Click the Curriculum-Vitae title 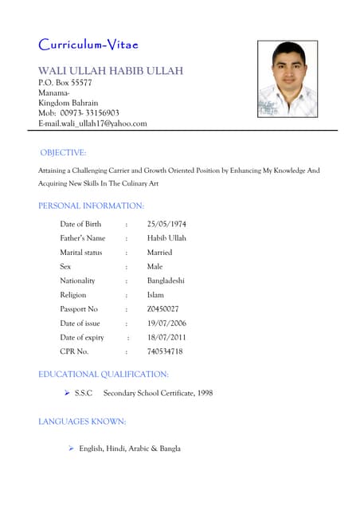click(x=92, y=44)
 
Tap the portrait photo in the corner click(x=288, y=80)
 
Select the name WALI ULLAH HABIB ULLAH click(x=111, y=71)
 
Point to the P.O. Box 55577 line click(x=65, y=82)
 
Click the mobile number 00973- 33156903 click(x=89, y=113)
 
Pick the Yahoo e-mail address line click(x=92, y=124)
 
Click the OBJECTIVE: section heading click(x=63, y=152)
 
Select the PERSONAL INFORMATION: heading click(x=91, y=206)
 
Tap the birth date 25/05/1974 click(x=166, y=224)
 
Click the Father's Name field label click(x=82, y=238)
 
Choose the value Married click(x=159, y=253)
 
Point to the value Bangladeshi click(x=166, y=280)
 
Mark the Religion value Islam click(x=156, y=295)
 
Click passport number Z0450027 click(x=163, y=308)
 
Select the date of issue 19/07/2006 click(x=166, y=323)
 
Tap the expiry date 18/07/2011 click(x=166, y=337)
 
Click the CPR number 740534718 click(x=165, y=351)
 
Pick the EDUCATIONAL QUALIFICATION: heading click(x=104, y=374)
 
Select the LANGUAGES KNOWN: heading click(x=82, y=421)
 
